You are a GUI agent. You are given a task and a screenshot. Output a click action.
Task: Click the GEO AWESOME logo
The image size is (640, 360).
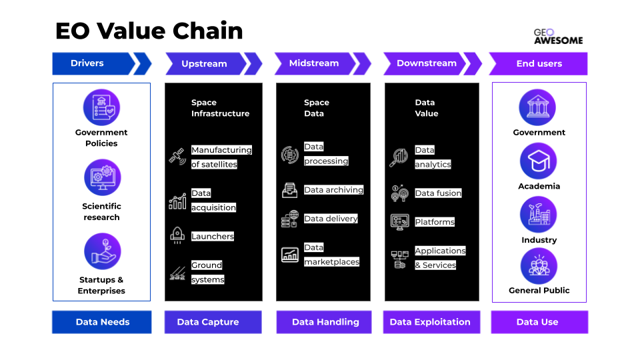pos(558,36)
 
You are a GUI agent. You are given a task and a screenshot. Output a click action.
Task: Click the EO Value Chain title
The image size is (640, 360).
pos(149,31)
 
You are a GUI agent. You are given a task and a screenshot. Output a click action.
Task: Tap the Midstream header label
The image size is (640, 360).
pos(314,63)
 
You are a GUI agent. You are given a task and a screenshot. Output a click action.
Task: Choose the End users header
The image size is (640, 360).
pos(539,64)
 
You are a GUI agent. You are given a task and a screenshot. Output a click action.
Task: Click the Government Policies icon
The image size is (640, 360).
pos(101,107)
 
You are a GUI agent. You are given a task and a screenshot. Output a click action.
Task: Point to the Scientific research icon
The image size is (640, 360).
pos(101,177)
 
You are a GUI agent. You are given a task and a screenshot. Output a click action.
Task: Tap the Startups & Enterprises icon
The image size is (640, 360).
pos(101,251)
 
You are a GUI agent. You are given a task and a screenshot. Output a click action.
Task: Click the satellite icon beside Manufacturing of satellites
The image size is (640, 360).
pos(177,157)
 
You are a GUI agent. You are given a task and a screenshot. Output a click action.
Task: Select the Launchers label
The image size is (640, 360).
pos(213,236)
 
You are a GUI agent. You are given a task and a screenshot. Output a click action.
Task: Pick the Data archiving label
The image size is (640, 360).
pos(333,190)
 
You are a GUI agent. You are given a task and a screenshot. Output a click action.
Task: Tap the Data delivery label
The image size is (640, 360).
pos(331,219)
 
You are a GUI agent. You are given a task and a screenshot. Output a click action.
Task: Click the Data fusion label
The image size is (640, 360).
pos(438,193)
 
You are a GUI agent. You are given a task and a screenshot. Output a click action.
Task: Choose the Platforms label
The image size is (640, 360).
pos(435,222)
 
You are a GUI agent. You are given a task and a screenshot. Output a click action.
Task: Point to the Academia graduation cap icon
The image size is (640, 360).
pos(538,161)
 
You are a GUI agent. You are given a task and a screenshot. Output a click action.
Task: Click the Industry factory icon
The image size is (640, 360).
pos(538,215)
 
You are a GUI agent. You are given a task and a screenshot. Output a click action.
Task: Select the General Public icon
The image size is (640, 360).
pos(539,266)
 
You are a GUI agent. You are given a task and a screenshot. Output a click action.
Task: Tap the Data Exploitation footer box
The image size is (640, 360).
pos(430,322)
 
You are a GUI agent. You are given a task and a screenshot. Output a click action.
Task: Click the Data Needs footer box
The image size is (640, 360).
pos(102,322)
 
